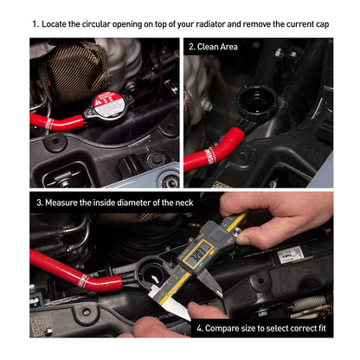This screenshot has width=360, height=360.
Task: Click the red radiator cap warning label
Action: pyautogui.click(x=106, y=104)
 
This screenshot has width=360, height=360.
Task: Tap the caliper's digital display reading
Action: pyautogui.click(x=198, y=254)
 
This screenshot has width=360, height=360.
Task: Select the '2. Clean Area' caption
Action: pyautogui.click(x=213, y=47)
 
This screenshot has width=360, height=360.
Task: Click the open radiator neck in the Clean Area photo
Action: pyautogui.click(x=254, y=102)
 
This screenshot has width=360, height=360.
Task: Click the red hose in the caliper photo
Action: pyautogui.click(x=76, y=272)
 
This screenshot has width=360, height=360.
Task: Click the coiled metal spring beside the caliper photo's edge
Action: pyautogui.click(x=308, y=304)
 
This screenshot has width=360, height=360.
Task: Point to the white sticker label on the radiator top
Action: pyautogui.click(x=290, y=254)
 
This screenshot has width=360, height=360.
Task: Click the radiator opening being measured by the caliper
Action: pyautogui.click(x=152, y=273)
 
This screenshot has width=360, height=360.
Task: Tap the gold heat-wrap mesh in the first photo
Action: pyautogui.click(x=75, y=72)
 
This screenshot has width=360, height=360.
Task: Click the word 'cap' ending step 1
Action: pyautogui.click(x=323, y=25)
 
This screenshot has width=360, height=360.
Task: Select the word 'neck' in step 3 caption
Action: pyautogui.click(x=184, y=202)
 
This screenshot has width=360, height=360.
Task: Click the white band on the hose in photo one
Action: pyautogui.click(x=49, y=124)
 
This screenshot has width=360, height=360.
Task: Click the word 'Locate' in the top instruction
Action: pyautogui.click(x=54, y=24)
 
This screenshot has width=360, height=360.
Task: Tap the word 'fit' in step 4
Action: pyautogui.click(x=322, y=328)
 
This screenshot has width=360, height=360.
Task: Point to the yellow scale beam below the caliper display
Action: pyautogui.click(x=174, y=286)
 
